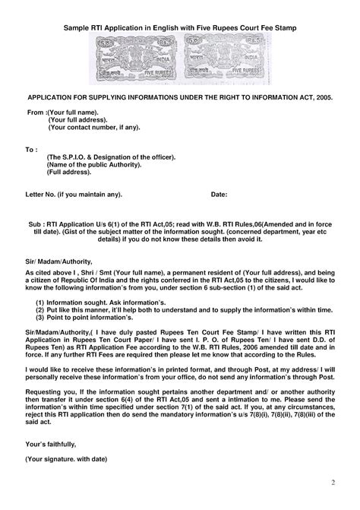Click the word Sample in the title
click(77, 28)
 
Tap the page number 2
click(332, 483)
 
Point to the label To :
click(32, 149)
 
